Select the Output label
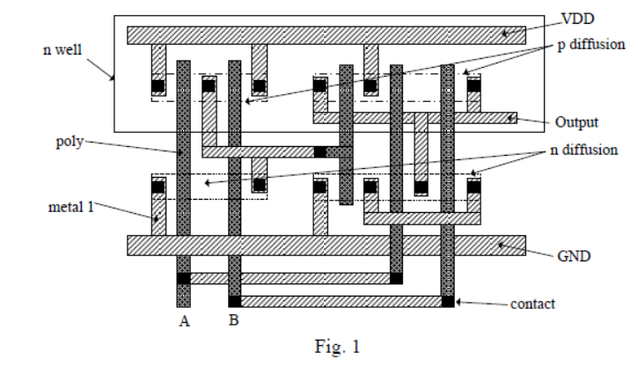click(x=576, y=121)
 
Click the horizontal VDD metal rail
click(x=326, y=35)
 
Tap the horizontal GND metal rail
click(x=326, y=245)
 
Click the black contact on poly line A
click(x=183, y=279)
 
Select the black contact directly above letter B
click(x=235, y=302)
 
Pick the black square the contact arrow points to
click(x=448, y=302)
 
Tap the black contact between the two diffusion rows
click(x=320, y=151)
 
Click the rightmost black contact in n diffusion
click(x=474, y=187)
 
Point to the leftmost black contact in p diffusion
click(x=158, y=86)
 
